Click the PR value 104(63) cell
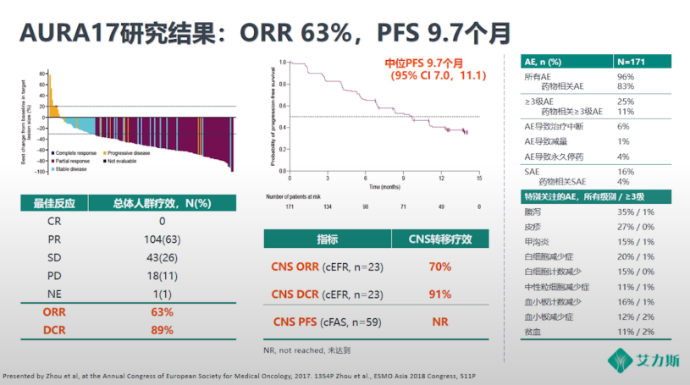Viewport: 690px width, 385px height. (162, 240)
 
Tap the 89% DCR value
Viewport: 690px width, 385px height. (162, 329)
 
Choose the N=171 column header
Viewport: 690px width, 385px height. (637, 62)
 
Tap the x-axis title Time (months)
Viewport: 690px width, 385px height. (384, 185)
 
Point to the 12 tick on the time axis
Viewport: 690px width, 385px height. (442, 178)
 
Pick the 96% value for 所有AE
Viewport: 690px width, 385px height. (626, 76)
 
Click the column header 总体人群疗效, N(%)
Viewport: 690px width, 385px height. (162, 203)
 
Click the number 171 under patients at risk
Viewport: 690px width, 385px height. (290, 206)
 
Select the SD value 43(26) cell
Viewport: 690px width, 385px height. (162, 258)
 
